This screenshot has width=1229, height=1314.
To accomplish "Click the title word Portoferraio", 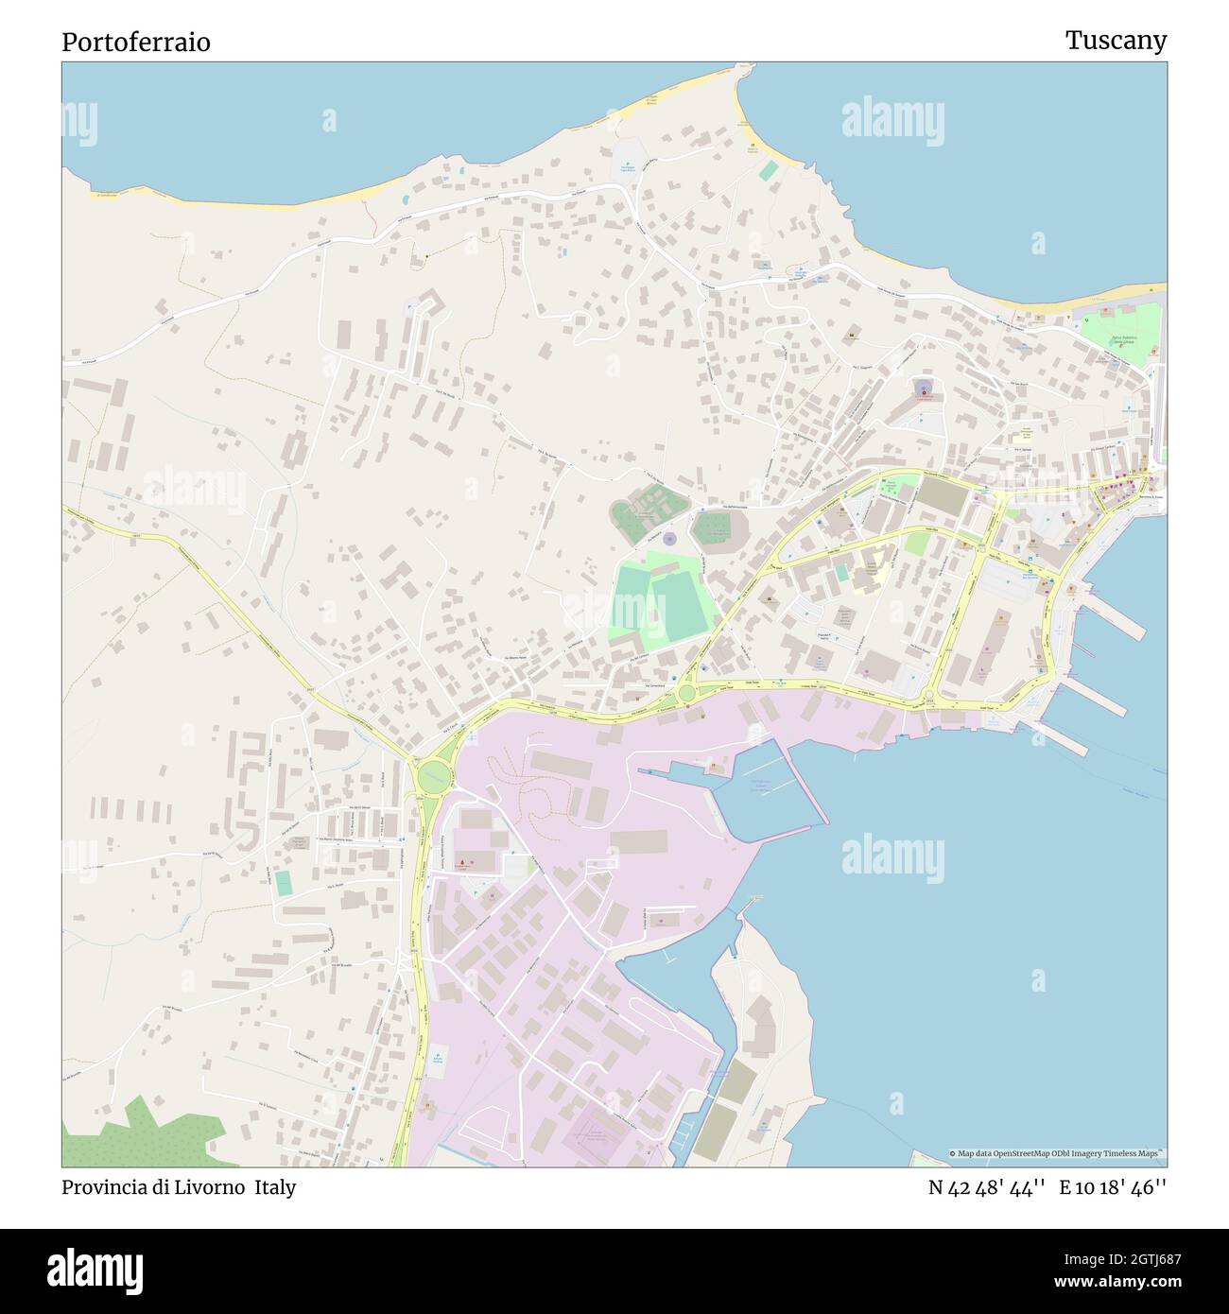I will [x=136, y=42].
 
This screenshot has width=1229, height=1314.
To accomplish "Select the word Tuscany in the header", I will [x=1116, y=40].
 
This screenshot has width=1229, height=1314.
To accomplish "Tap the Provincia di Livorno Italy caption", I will [x=179, y=1187].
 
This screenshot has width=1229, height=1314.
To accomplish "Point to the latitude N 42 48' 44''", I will [x=986, y=1187].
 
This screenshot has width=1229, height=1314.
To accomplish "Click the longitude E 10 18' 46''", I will [x=1113, y=1187].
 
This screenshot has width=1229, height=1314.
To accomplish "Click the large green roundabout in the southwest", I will [x=433, y=778].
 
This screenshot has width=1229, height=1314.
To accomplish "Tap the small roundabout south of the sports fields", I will [x=686, y=694].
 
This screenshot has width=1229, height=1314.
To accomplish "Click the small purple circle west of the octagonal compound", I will [x=669, y=539].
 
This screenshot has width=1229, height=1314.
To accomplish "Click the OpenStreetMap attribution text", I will [x=1057, y=1153].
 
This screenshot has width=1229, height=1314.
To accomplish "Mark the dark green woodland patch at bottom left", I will [x=142, y=1134].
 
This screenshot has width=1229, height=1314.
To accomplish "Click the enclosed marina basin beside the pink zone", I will [x=756, y=794].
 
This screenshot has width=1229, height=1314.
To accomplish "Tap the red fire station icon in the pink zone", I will [x=460, y=863].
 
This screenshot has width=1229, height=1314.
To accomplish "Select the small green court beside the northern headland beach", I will [x=769, y=170].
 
